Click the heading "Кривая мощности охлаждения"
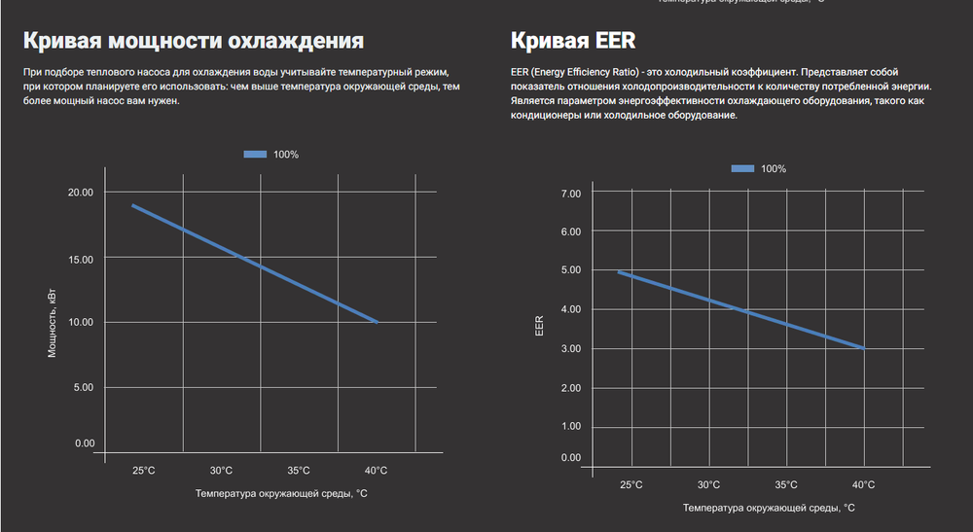pos(193,41)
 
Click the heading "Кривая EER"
pos(573,41)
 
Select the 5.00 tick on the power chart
pos(83,387)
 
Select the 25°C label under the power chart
pos(143,471)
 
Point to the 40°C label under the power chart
pos(377,471)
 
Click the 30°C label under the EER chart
pos(708,484)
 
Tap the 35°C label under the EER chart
pos(786,484)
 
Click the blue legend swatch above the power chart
pos(255,155)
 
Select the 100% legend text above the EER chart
pos(774,169)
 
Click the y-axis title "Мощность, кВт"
pos(54,322)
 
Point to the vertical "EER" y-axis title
pos(541,326)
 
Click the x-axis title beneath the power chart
pos(280,494)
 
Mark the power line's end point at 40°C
pos(378,322)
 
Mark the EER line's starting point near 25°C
pos(619,272)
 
